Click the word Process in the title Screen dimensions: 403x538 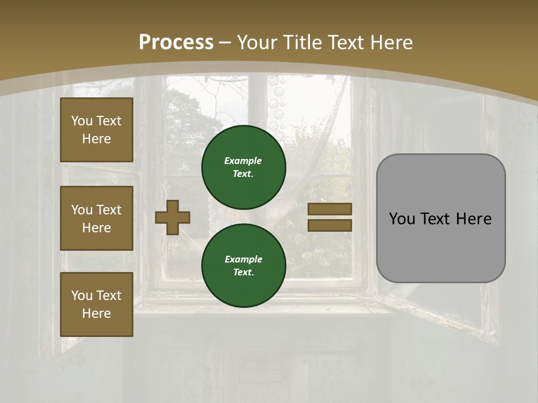pos(176,43)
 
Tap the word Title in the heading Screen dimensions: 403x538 pos(300,43)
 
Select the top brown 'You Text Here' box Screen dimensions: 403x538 pos(96,130)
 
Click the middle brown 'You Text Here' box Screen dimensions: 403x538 pos(96,218)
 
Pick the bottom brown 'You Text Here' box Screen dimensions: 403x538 pos(96,304)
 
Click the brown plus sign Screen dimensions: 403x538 pos(173,217)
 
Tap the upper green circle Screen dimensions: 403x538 pos(243,167)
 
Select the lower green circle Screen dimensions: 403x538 pos(243,265)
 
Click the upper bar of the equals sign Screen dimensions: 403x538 pos(330,209)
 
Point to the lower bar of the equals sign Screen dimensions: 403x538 pos(330,225)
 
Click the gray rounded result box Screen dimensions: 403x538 pos(440,218)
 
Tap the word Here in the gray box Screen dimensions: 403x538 pos(474,219)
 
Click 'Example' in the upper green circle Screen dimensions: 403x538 pos(243,161)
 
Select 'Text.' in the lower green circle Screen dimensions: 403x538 pos(243,273)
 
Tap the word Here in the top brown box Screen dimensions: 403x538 pos(96,139)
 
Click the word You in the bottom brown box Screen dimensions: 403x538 pos(82,296)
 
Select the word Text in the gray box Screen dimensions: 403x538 pos(435,219)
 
